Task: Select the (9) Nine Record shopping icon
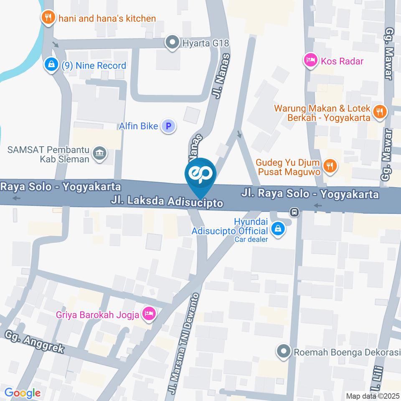pyautogui.click(x=51, y=65)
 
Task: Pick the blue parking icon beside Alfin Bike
pyautogui.click(x=168, y=125)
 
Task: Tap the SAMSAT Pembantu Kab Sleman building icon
pyautogui.click(x=100, y=153)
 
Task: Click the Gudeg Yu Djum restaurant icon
pyautogui.click(x=330, y=165)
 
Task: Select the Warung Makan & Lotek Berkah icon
pyautogui.click(x=380, y=112)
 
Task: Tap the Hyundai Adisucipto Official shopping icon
pyautogui.click(x=277, y=228)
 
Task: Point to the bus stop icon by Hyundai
pyautogui.click(x=295, y=212)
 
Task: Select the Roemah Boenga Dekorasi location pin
pyautogui.click(x=284, y=352)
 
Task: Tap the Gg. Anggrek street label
pyautogui.click(x=35, y=341)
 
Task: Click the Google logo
pyautogui.click(x=22, y=393)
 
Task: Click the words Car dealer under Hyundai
pyautogui.click(x=251, y=239)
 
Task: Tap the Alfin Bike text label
pyautogui.click(x=138, y=126)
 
